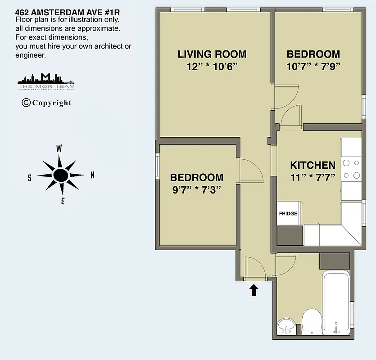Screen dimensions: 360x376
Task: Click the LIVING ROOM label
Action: (x=212, y=54)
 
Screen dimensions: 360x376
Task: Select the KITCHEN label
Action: (x=313, y=165)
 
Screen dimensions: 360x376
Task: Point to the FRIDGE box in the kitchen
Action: (x=288, y=213)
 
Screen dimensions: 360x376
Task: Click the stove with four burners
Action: (x=351, y=169)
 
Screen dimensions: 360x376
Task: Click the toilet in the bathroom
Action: (x=311, y=320)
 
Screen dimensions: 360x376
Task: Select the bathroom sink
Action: (x=286, y=325)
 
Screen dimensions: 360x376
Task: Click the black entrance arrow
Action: (x=254, y=290)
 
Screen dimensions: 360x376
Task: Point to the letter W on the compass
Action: (x=59, y=148)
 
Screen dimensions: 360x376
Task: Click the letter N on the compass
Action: (x=92, y=175)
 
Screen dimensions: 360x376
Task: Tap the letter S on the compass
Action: (x=29, y=178)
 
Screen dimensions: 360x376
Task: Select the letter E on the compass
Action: (x=63, y=202)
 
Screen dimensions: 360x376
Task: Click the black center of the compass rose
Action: (x=60, y=175)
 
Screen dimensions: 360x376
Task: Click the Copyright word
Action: (x=47, y=103)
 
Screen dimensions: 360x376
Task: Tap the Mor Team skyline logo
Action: (x=46, y=81)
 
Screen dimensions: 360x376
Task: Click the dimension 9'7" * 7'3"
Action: (x=196, y=190)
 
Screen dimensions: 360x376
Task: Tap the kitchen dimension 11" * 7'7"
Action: (x=313, y=177)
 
